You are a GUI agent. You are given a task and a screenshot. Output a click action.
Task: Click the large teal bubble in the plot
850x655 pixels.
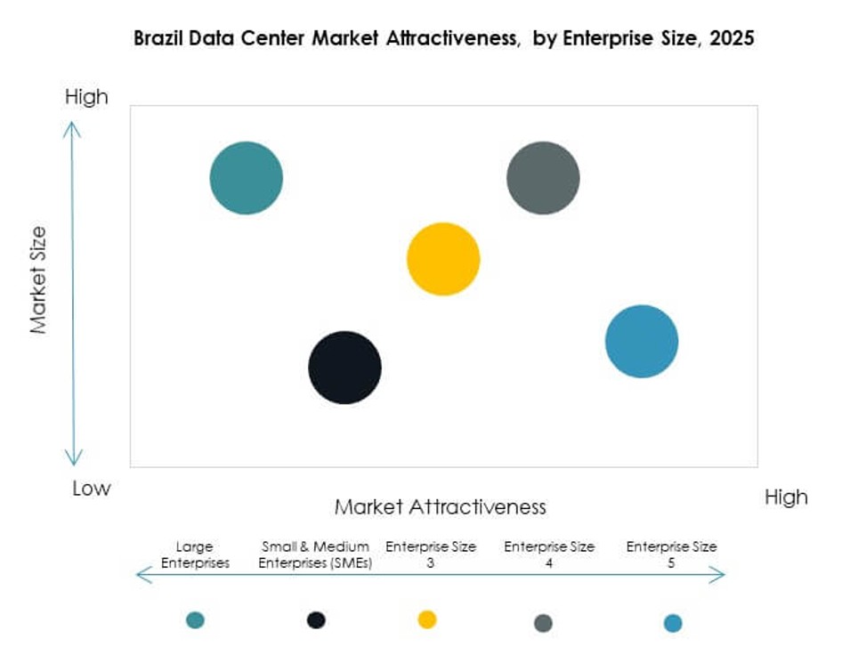pos(247,178)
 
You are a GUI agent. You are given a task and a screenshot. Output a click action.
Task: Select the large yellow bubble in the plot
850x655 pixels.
pos(443,259)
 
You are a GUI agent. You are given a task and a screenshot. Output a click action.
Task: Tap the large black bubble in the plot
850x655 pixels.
pos(344,368)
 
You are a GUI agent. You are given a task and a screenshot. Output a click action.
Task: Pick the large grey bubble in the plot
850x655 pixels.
pos(543,178)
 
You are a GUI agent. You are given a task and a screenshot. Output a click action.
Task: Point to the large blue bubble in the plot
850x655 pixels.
pos(641,341)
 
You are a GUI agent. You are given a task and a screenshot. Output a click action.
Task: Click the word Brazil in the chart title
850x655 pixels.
pos(158,39)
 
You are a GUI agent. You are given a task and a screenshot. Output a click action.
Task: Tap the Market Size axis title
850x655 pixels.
pos(38,280)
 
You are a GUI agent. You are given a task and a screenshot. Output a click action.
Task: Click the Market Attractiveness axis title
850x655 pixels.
pos(440,507)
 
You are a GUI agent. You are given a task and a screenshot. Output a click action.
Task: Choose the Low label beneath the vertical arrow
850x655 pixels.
pos(92,488)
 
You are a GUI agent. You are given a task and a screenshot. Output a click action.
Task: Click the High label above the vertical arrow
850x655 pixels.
pos(86,96)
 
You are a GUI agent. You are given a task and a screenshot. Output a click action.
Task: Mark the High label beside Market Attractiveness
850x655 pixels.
pos(785,497)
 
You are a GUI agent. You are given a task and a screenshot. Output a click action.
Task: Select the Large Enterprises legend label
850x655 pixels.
pos(194,554)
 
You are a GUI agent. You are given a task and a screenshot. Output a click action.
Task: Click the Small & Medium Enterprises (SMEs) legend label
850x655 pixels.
pos(316,554)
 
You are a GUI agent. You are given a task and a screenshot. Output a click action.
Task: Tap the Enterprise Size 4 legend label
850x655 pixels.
pos(548,554)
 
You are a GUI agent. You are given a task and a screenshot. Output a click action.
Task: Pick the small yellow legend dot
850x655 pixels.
pos(427,619)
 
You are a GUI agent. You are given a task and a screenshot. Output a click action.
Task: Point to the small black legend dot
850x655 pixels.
pos(316,619)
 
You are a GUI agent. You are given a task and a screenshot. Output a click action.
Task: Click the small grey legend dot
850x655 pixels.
pos(543,623)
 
